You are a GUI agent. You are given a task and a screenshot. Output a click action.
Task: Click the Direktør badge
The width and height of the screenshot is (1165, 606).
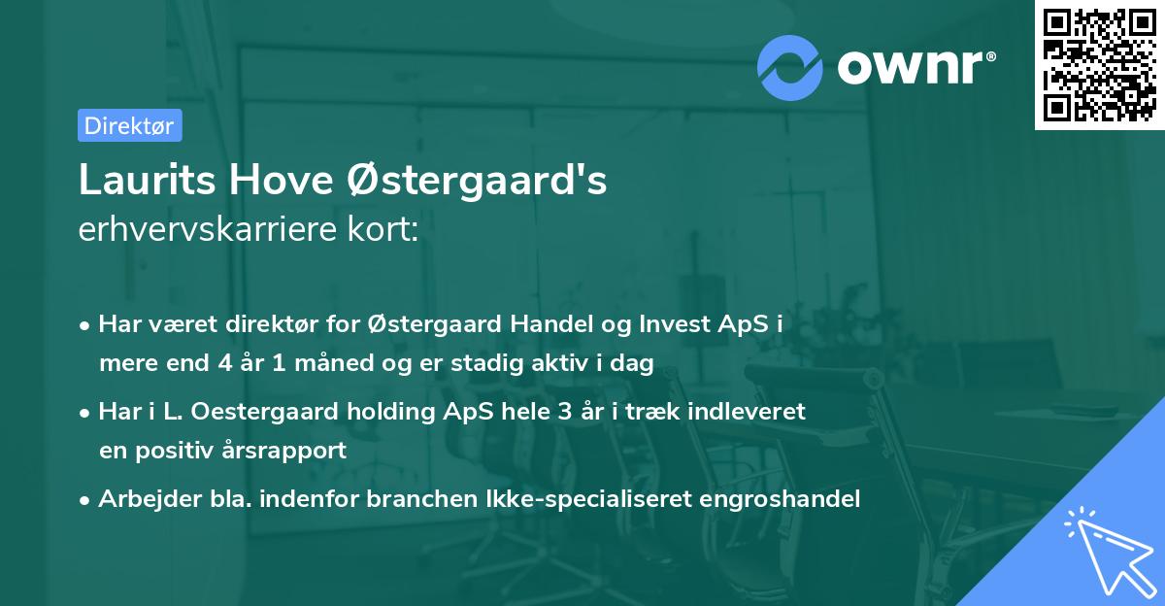129,125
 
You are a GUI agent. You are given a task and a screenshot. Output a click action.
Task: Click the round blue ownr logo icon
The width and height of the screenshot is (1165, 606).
790,66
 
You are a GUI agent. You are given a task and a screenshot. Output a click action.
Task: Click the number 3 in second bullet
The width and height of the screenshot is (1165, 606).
563,412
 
